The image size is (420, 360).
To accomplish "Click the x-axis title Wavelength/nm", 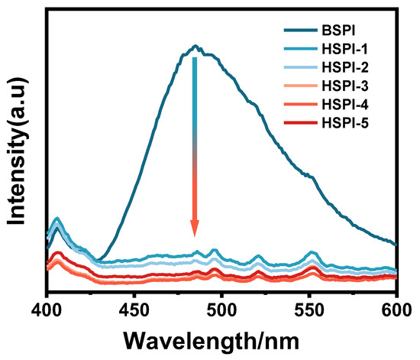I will tap(221, 337).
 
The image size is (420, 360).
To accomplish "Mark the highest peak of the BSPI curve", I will tap(195, 46).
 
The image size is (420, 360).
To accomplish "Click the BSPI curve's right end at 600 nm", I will tap(396, 245).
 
